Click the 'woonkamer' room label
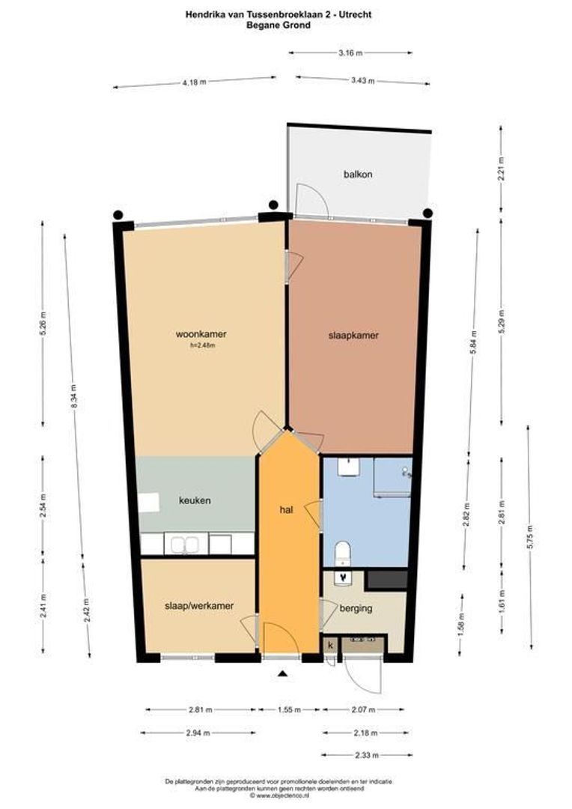point(201,334)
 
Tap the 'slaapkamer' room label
point(353,336)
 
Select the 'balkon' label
point(358,174)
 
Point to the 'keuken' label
point(194,500)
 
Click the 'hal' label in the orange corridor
point(285,509)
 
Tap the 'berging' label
point(356,608)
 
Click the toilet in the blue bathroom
point(343,553)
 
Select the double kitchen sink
point(184,544)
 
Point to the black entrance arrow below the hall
point(282,674)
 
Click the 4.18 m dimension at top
point(194,82)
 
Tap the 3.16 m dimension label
point(350,53)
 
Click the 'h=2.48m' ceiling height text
point(202,345)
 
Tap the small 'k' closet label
point(329,644)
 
